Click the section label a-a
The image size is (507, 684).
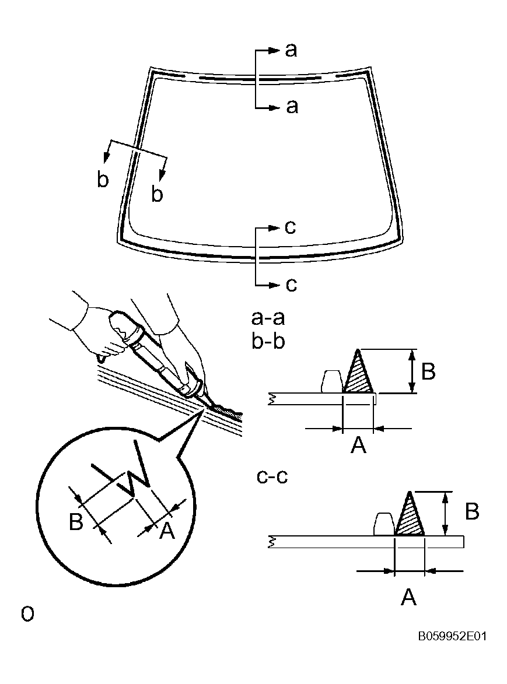tap(268, 318)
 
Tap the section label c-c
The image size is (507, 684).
tap(272, 476)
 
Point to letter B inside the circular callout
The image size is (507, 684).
tap(76, 522)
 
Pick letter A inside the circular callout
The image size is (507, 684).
tap(166, 530)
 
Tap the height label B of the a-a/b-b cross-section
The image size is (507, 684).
tap(428, 371)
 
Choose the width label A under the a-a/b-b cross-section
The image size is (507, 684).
tap(358, 446)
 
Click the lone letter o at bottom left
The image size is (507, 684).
tap(27, 613)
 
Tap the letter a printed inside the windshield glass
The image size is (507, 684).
tap(292, 107)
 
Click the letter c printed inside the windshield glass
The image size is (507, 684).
tap(291, 227)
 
